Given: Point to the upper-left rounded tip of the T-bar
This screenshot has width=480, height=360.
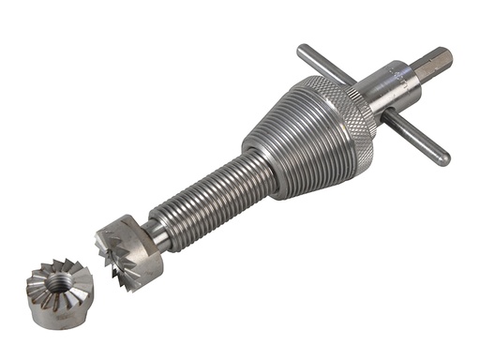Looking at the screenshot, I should click(x=302, y=50).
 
